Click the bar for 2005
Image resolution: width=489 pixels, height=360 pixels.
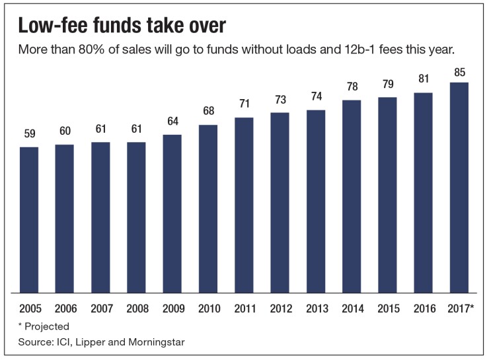[x=29, y=219]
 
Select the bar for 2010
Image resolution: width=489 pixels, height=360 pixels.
[x=208, y=208]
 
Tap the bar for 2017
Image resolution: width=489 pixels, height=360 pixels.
[x=459, y=187]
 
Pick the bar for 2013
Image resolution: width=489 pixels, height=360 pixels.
[x=315, y=201]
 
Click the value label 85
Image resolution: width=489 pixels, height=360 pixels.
[x=459, y=71]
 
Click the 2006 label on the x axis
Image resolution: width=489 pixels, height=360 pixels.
[x=65, y=308]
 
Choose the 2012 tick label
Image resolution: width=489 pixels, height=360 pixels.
[x=280, y=308]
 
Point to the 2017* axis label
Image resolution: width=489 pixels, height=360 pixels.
[x=460, y=308]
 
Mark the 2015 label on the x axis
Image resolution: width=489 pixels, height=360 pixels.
[x=387, y=308]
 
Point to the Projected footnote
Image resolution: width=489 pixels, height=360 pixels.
[x=48, y=326]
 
